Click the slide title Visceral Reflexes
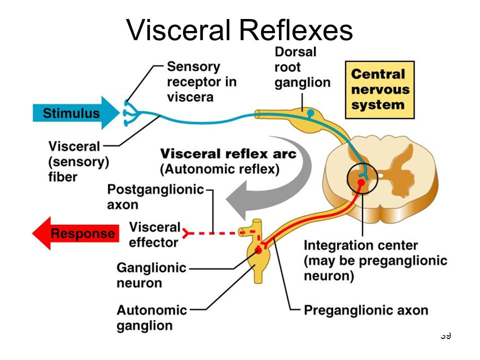[x=239, y=30]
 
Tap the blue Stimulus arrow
[x=76, y=113]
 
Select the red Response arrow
[x=75, y=233]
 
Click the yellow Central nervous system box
[x=379, y=89]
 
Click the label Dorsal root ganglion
[x=302, y=67]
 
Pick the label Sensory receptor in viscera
[x=201, y=81]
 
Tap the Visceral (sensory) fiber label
[x=78, y=161]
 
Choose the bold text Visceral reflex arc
[x=228, y=153]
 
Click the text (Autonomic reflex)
[x=220, y=169]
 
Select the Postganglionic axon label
[x=155, y=197]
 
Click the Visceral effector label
[x=154, y=235]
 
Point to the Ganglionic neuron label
[x=151, y=275]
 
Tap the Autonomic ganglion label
[x=152, y=318]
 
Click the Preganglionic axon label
[x=366, y=310]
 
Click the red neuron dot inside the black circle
[x=361, y=183]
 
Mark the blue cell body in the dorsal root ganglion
[x=310, y=113]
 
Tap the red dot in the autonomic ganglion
[x=258, y=250]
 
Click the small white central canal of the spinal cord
[x=380, y=175]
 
